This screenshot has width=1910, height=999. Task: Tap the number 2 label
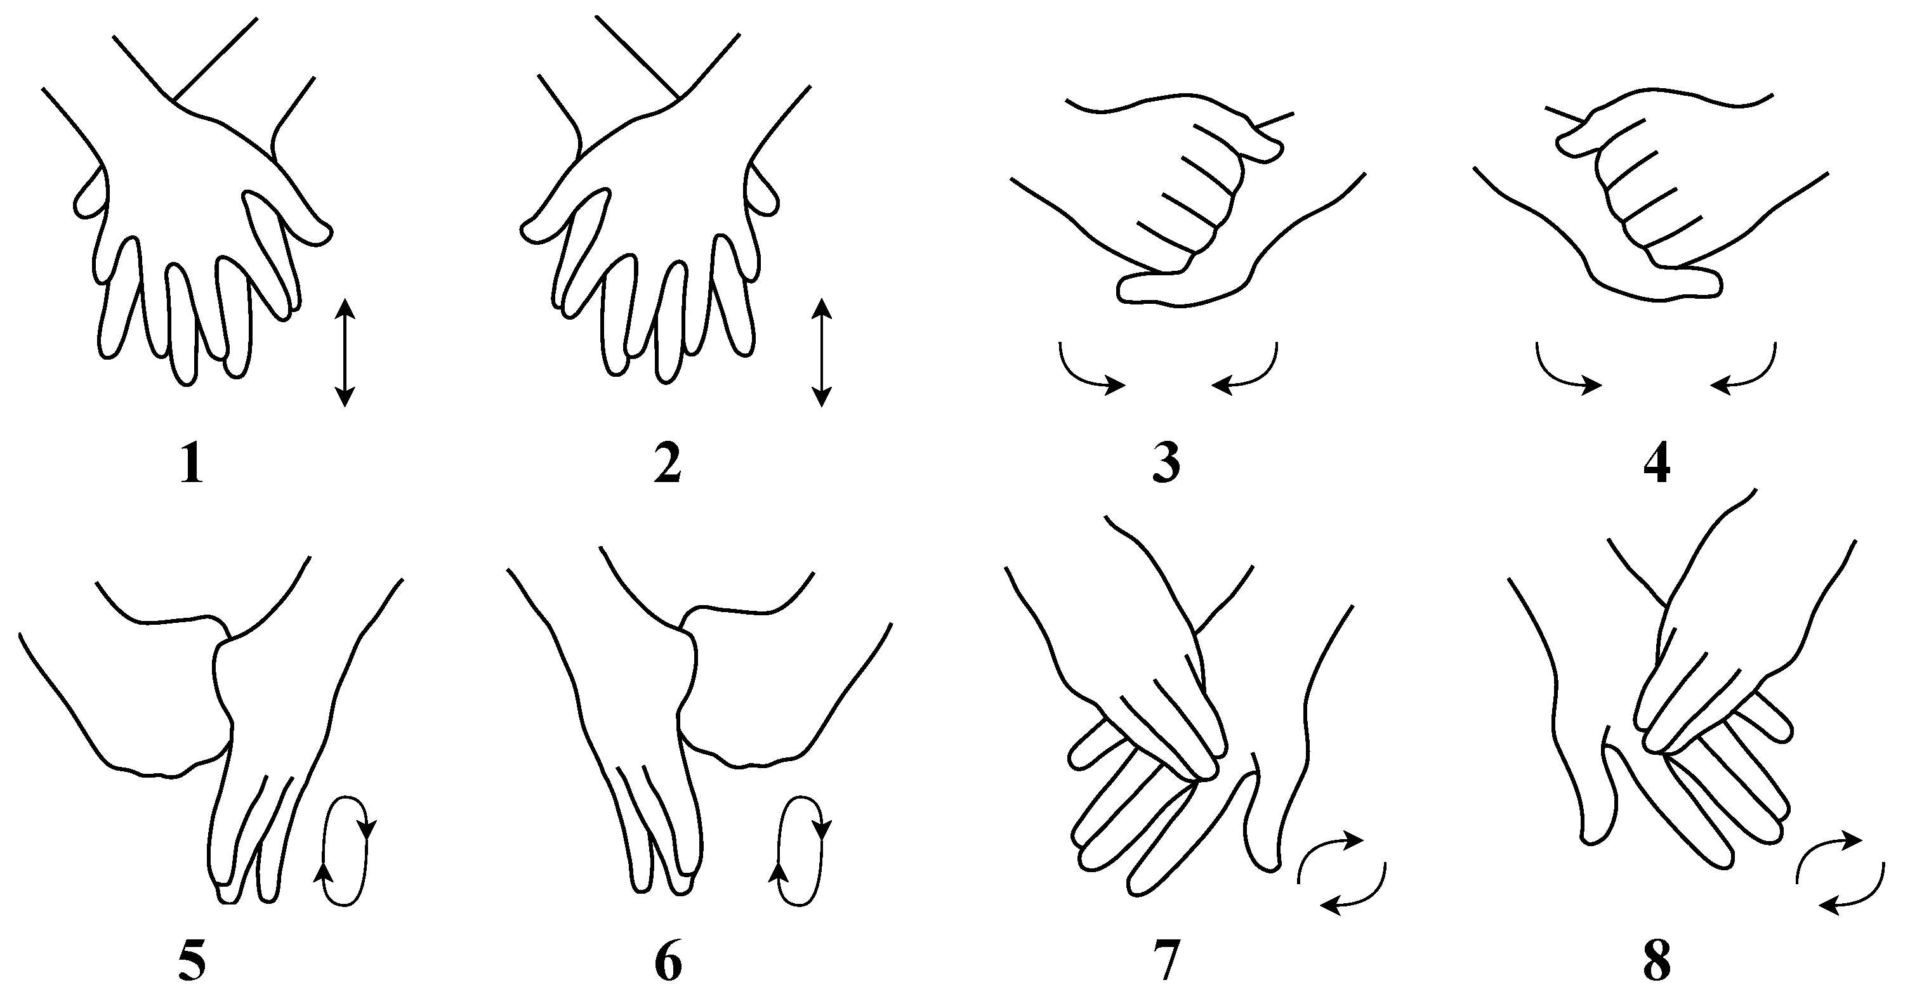(668, 466)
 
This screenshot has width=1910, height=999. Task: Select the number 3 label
(1166, 466)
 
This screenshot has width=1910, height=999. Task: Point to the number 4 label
(1657, 466)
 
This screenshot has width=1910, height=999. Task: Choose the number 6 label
(668, 962)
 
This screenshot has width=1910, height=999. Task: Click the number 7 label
(1167, 962)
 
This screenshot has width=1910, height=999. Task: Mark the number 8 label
(1657, 962)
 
